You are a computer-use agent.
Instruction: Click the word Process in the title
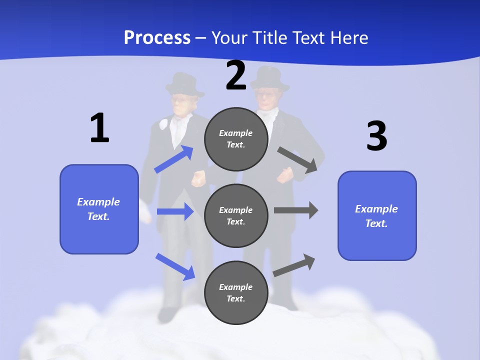coord(157,38)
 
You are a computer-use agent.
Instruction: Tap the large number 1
coord(99,128)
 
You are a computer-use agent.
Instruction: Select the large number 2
coord(236,75)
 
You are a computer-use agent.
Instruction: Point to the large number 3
coord(376,136)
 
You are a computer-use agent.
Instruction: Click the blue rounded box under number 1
coord(99,209)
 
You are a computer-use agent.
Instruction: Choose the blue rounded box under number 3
coord(377,215)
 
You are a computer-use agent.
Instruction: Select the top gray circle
coord(236,139)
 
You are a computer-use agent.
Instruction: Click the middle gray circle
coord(236,215)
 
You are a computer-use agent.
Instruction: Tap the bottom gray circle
coord(236,292)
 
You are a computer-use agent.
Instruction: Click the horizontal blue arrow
coord(175,211)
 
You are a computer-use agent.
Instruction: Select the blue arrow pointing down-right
coord(175,266)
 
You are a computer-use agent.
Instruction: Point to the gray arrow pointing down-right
coord(297,160)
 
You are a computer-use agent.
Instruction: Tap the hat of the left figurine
coord(184,84)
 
